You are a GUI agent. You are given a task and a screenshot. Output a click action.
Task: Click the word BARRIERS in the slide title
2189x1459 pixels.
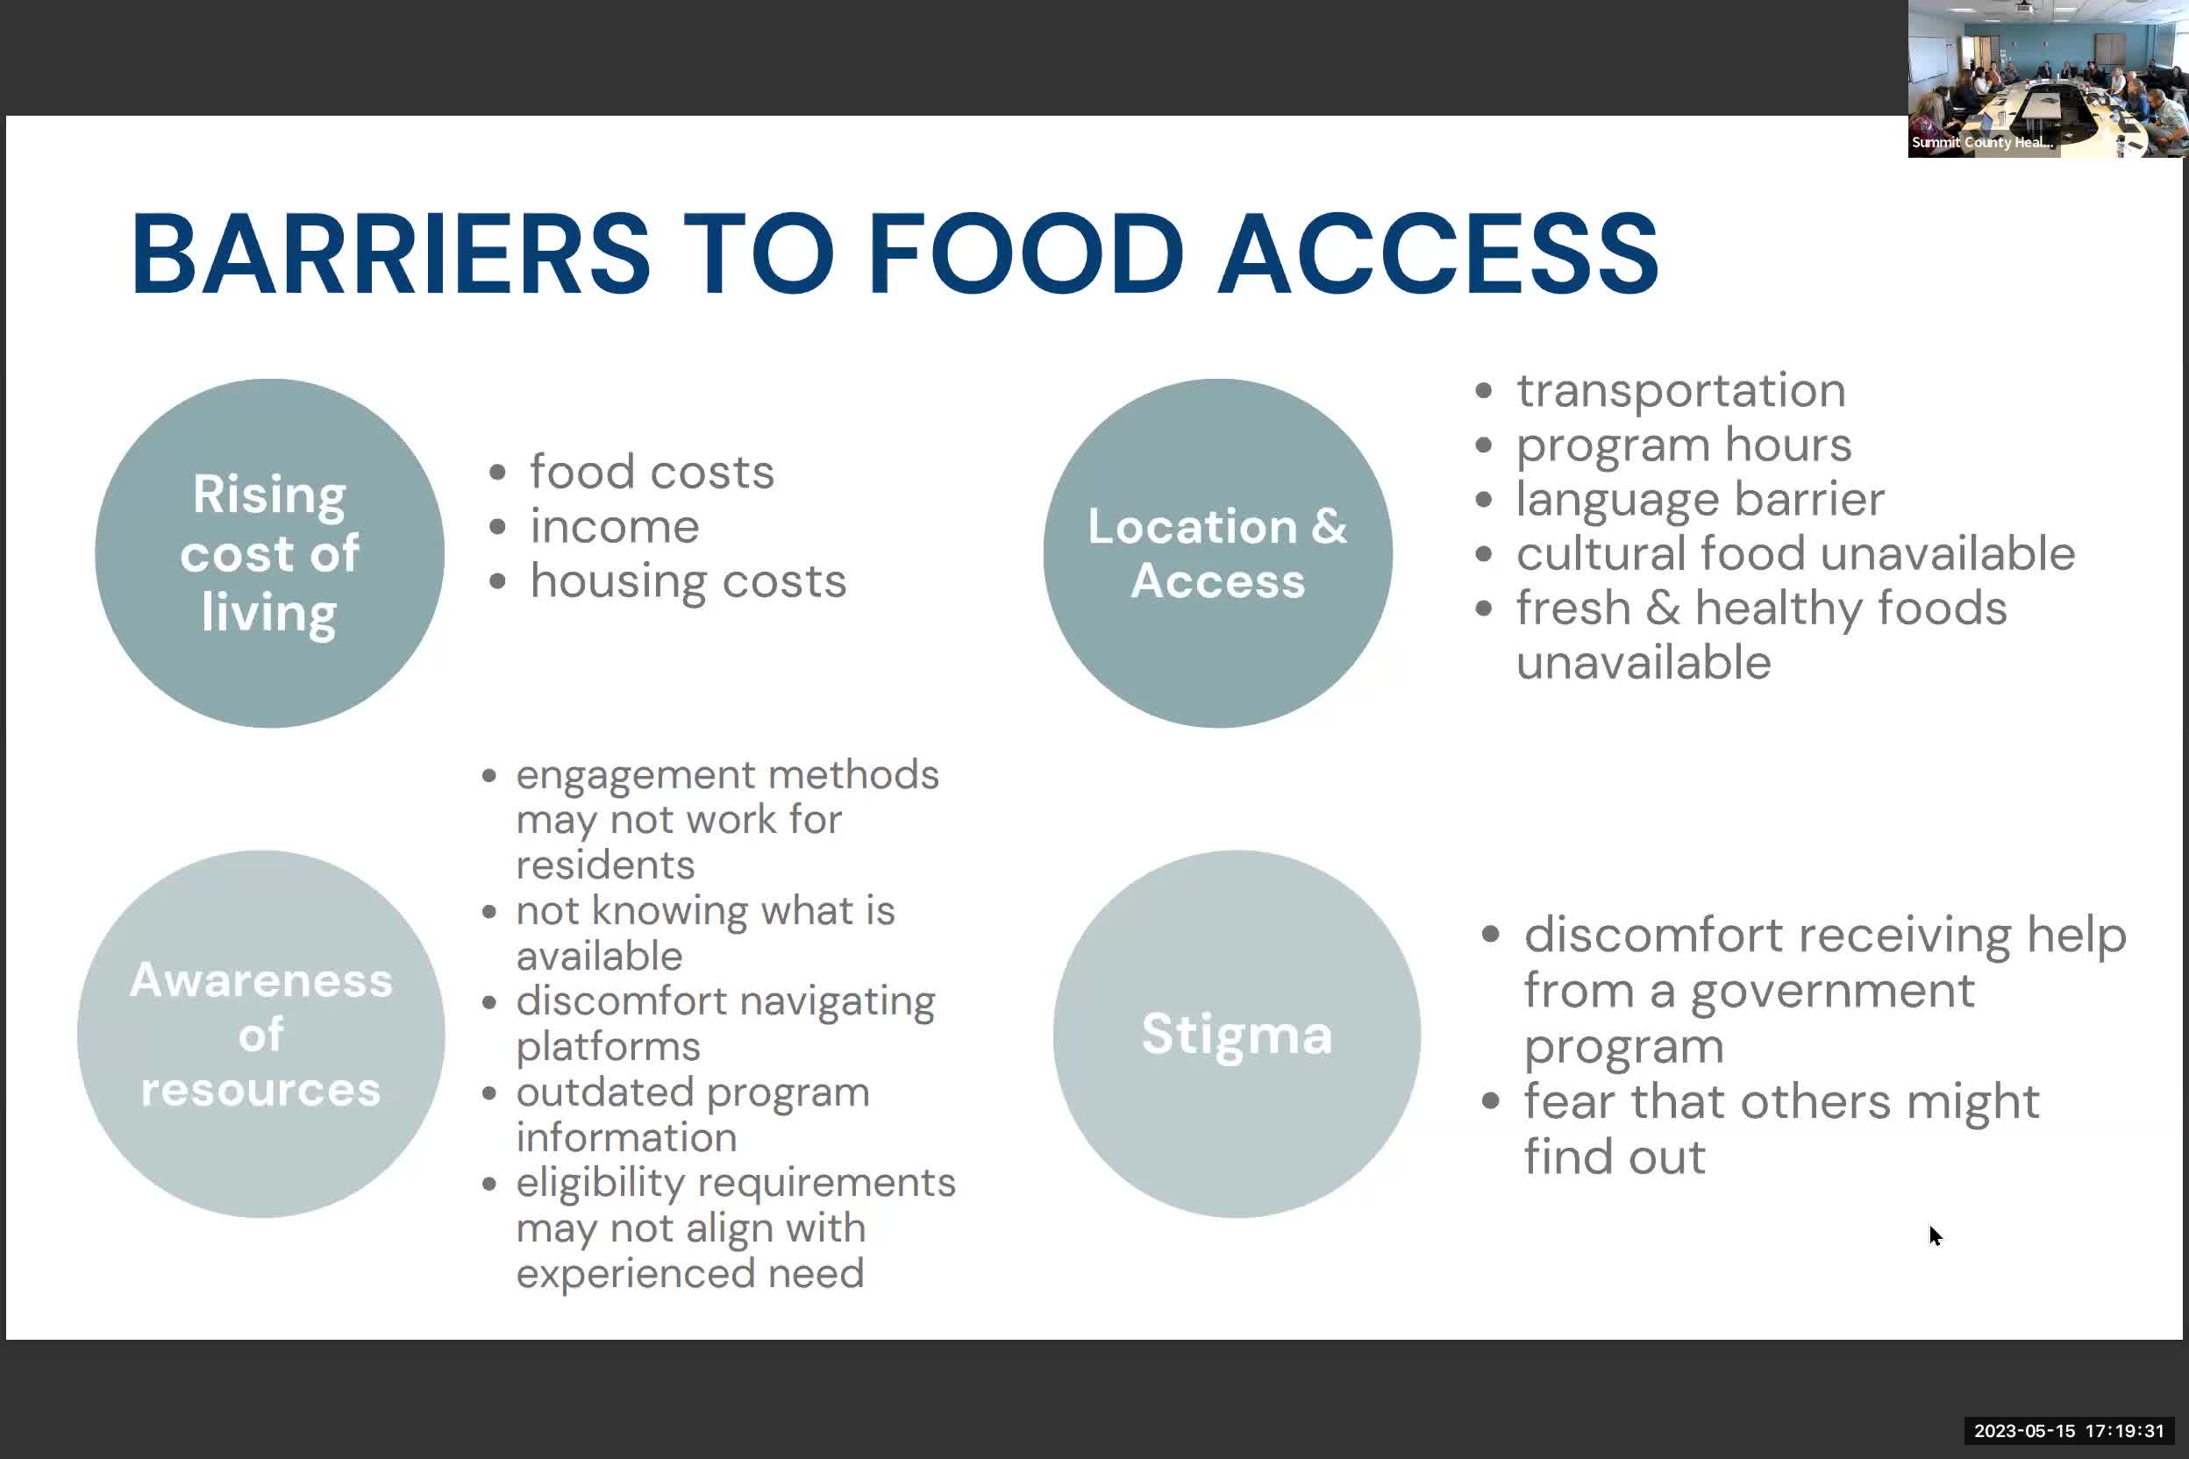[x=390, y=254]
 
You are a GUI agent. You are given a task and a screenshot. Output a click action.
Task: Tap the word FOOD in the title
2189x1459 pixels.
[x=1024, y=254]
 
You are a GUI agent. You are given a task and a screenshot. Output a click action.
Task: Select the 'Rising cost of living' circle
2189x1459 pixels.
[x=270, y=553]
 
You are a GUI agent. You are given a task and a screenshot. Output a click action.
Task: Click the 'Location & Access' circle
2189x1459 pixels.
[x=1217, y=553]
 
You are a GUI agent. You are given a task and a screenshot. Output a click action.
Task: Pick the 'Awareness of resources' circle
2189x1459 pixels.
[x=260, y=1034]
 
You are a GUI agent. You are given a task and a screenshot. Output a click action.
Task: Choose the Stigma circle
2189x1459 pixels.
[x=1237, y=1034]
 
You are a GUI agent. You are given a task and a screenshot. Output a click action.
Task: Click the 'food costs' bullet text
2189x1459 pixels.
[x=652, y=472]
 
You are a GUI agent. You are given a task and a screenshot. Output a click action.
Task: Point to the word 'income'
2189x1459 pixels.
[x=614, y=527]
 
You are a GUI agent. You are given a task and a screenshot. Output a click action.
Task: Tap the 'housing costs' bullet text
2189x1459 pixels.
[x=688, y=581]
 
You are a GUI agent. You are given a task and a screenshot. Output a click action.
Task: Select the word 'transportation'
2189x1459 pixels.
[x=1681, y=390]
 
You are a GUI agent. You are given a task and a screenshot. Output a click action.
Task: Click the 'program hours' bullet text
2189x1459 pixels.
[x=1684, y=445]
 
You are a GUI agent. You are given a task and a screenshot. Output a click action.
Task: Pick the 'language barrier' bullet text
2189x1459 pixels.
[x=1701, y=500]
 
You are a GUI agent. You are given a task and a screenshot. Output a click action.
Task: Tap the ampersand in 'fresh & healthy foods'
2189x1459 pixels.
[x=1662, y=609]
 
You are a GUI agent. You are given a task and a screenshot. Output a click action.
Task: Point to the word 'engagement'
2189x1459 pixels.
[x=635, y=775]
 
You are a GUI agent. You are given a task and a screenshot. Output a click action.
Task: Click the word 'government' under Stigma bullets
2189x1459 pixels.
[x=1831, y=990]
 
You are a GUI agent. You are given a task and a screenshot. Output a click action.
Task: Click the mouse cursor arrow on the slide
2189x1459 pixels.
[x=1935, y=1235]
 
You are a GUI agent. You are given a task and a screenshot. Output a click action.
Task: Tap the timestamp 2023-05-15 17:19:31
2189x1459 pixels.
[x=2069, y=1431]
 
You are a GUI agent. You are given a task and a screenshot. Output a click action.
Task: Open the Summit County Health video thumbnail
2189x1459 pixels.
[x=2047, y=79]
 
